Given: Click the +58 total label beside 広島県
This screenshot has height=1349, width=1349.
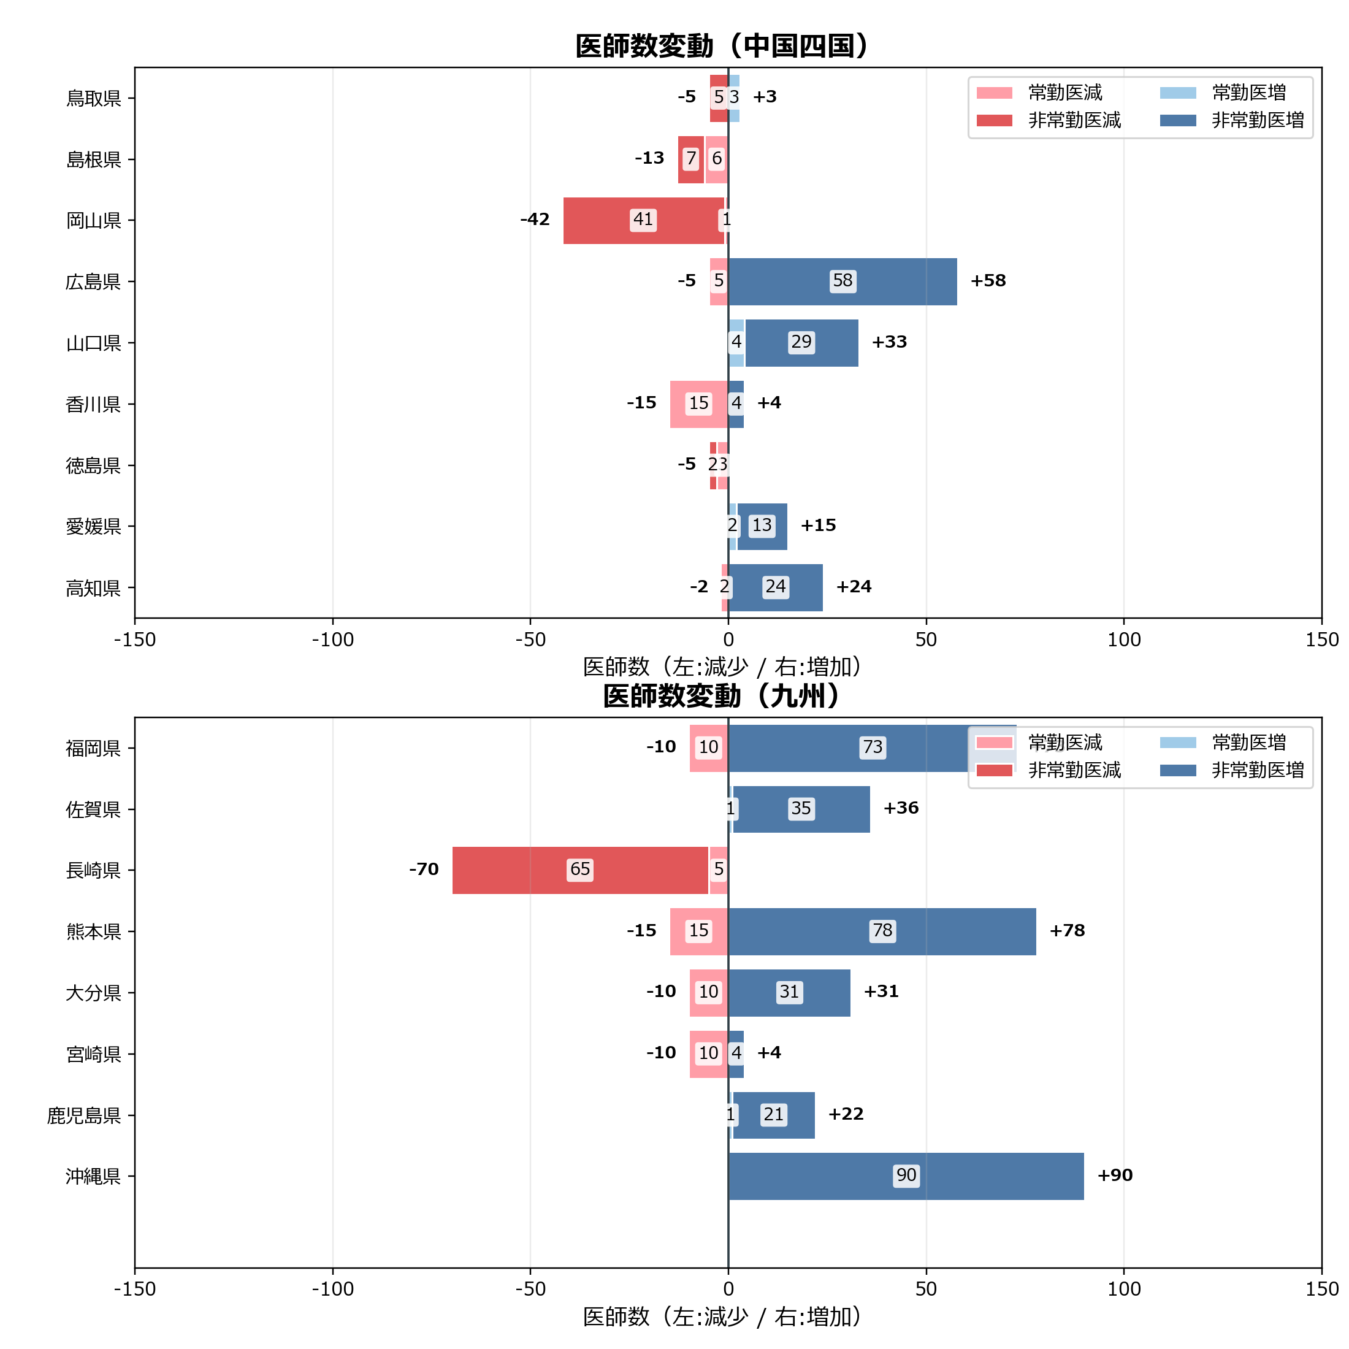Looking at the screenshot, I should coord(988,281).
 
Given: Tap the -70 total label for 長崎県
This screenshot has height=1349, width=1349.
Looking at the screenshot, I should coord(424,869).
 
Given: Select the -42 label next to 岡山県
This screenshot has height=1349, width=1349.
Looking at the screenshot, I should coord(535,220).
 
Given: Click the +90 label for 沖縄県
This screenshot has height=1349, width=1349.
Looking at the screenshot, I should coord(1115,1175).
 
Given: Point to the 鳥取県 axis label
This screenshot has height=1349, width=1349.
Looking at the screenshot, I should coord(94,97).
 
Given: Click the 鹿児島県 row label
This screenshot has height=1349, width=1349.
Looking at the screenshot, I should coord(84,1115).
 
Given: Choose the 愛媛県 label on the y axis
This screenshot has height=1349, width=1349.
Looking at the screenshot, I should coord(94,527).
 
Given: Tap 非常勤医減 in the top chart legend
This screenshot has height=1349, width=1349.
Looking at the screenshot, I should coord(1074,120).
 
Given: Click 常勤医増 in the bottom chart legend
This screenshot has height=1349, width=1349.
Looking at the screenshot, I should coord(1248,742).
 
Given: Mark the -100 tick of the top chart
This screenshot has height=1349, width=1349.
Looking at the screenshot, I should coord(332,640).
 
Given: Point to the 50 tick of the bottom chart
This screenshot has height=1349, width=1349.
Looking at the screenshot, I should coord(926,1289).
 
